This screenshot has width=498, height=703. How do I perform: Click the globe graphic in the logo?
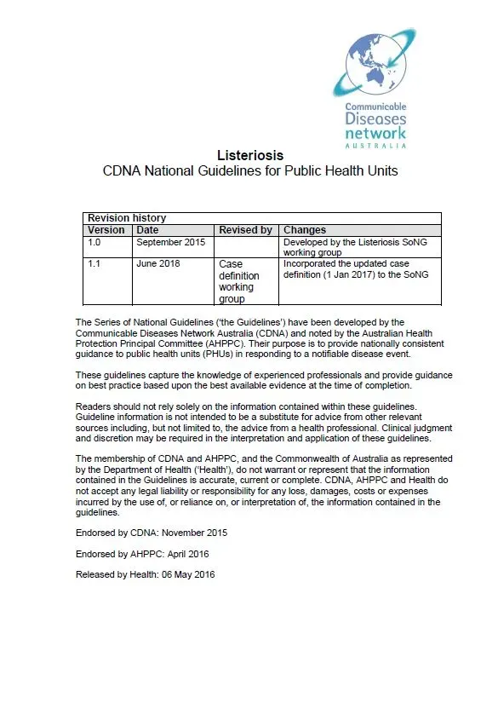[375, 61]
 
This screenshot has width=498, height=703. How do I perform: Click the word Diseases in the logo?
[375, 119]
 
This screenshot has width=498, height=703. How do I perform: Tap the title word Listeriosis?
[249, 155]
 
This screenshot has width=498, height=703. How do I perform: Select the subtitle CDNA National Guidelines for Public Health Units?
[249, 170]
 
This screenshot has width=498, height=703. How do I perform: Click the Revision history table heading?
[127, 218]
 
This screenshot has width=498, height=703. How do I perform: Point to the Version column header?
[106, 230]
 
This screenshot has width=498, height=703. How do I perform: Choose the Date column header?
[147, 230]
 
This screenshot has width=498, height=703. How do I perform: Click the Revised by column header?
[245, 230]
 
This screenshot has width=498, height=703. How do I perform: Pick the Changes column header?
[305, 230]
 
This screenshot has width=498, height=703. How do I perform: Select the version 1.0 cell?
[95, 242]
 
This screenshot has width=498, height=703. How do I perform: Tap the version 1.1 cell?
[95, 263]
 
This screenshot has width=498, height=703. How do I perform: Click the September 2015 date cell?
[171, 242]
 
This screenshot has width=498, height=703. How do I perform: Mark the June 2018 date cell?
[158, 263]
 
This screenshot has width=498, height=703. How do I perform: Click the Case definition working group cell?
[239, 281]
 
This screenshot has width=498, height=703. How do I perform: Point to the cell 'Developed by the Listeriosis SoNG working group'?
[355, 247]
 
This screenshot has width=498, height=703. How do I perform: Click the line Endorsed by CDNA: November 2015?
[152, 533]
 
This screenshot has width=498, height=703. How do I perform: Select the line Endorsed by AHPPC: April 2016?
[142, 554]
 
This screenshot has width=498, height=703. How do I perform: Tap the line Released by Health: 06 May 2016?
[146, 575]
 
